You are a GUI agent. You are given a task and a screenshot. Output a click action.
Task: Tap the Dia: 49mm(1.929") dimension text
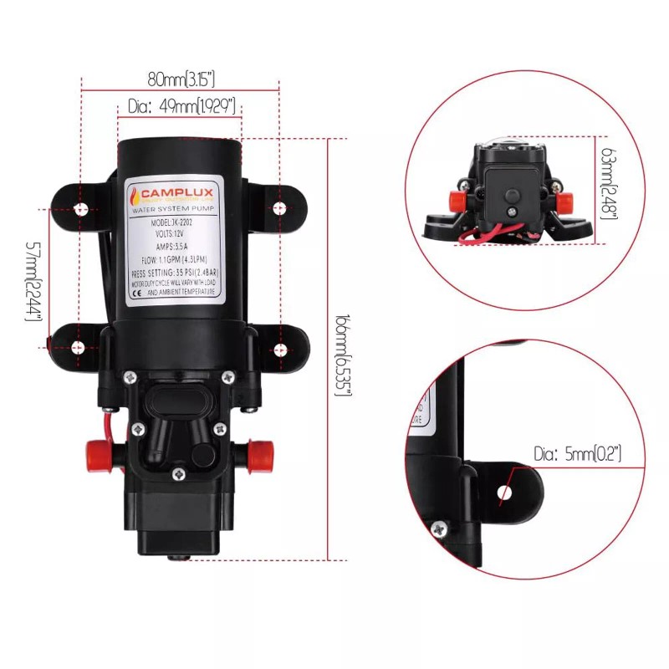pos(181,106)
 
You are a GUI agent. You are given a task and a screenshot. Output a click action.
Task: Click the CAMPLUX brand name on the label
pos(179,193)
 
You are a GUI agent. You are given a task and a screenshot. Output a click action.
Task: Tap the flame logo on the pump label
pos(135,196)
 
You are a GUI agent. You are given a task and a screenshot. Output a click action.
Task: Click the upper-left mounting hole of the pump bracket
pos(80,207)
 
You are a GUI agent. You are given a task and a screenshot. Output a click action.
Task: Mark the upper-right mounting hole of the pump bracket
pos(278,207)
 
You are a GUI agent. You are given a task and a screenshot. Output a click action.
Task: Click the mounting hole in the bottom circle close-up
pos(504,493)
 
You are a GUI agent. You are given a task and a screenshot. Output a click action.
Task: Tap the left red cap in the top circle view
pos(456,201)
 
